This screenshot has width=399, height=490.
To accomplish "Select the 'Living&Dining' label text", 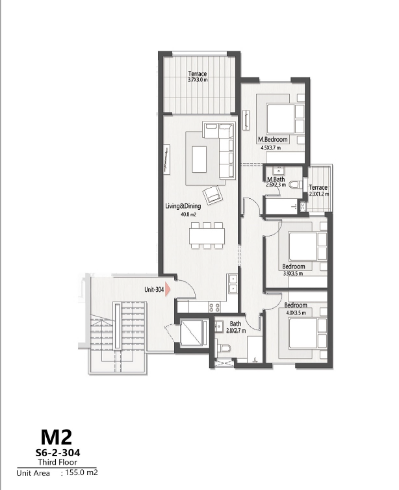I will [x=181, y=207].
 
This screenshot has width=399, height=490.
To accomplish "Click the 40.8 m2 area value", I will [x=188, y=214].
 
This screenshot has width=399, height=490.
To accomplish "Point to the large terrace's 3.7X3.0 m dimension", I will [x=197, y=80].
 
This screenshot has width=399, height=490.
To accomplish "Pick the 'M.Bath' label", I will [x=276, y=179].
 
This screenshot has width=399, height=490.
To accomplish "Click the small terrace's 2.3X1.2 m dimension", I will [x=318, y=194].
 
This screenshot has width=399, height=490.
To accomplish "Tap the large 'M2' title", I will [x=58, y=435].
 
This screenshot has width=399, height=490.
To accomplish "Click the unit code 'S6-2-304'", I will [x=58, y=451].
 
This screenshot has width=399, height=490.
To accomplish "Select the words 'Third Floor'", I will [x=58, y=462].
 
